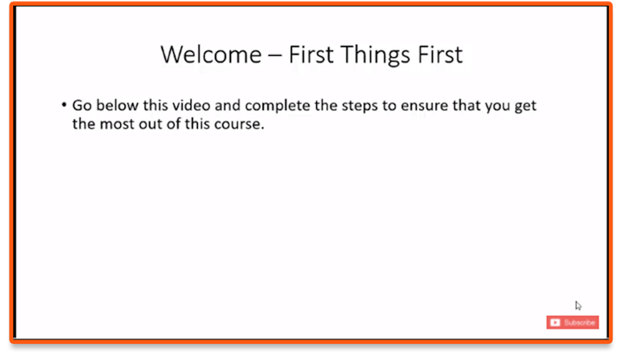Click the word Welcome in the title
211,54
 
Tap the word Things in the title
375,55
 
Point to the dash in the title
275,56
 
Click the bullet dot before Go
64,105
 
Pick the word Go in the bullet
81,106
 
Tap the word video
191,106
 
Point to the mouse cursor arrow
578,305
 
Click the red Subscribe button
572,323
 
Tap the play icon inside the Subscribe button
555,323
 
